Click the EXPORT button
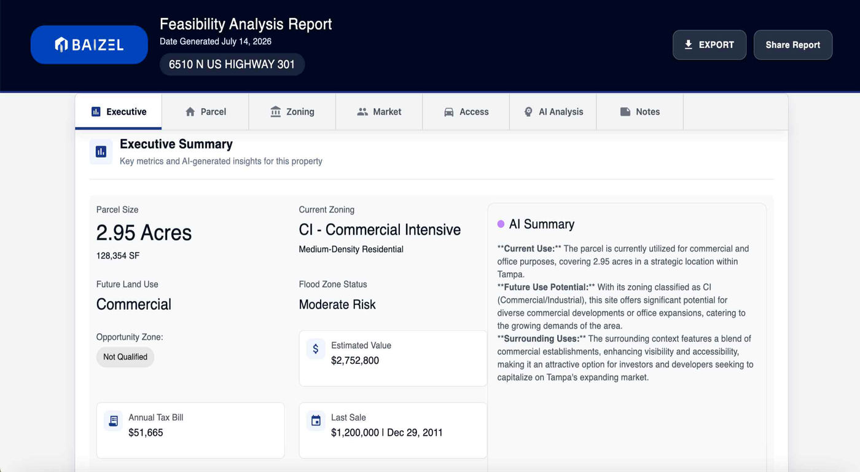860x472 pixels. click(x=709, y=45)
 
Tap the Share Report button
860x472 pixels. click(x=793, y=45)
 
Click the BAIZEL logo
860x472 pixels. click(x=89, y=44)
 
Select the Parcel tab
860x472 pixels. click(x=205, y=112)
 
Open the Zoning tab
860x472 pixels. click(x=292, y=112)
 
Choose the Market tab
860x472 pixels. click(x=379, y=112)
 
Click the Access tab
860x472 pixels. click(x=466, y=112)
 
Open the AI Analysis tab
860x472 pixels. click(x=553, y=112)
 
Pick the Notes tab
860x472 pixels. click(x=640, y=112)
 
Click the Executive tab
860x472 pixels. click(x=118, y=112)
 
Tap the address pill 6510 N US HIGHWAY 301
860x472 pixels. click(x=232, y=64)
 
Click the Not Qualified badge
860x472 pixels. click(x=125, y=357)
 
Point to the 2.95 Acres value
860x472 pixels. click(x=144, y=233)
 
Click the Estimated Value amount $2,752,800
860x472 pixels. click(x=355, y=360)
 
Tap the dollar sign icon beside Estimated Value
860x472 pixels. click(x=316, y=348)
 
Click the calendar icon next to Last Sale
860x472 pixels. click(x=316, y=420)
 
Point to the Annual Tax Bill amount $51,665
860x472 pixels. click(x=146, y=433)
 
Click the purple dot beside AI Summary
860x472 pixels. click(x=501, y=224)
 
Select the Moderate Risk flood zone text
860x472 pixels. click(x=337, y=305)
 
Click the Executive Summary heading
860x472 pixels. click(x=176, y=144)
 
